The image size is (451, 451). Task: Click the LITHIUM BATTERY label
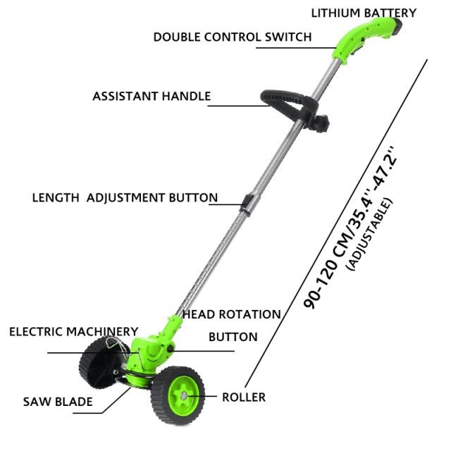(364, 13)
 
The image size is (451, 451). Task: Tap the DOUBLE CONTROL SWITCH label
(233, 37)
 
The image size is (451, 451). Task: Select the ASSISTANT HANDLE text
(152, 96)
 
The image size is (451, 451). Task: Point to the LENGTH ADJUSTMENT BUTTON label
(125, 197)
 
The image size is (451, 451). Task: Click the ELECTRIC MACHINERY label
(73, 331)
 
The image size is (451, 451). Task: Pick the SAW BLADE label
(58, 402)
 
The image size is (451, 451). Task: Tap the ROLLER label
(244, 397)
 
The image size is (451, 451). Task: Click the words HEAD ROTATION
(232, 314)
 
